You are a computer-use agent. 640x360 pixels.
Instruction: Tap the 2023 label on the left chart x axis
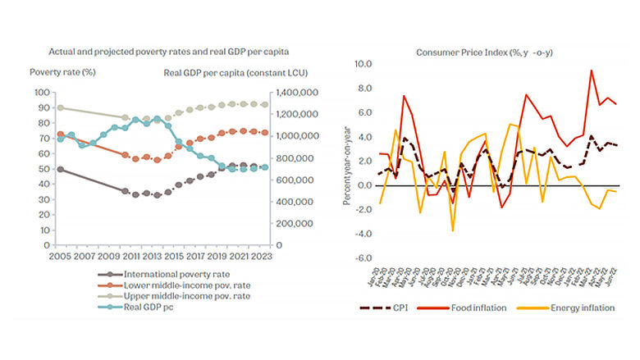[x=263, y=256]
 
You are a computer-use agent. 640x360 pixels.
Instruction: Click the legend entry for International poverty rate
[x=172, y=274]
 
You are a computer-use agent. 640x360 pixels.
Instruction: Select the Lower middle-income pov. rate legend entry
[x=181, y=285]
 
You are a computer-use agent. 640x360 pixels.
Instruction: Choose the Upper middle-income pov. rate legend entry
[x=181, y=295]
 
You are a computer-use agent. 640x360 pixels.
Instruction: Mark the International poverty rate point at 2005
[x=59, y=169]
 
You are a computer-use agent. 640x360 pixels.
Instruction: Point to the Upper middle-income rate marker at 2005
[x=59, y=107]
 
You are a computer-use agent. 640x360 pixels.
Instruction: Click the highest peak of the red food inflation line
[x=592, y=71]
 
